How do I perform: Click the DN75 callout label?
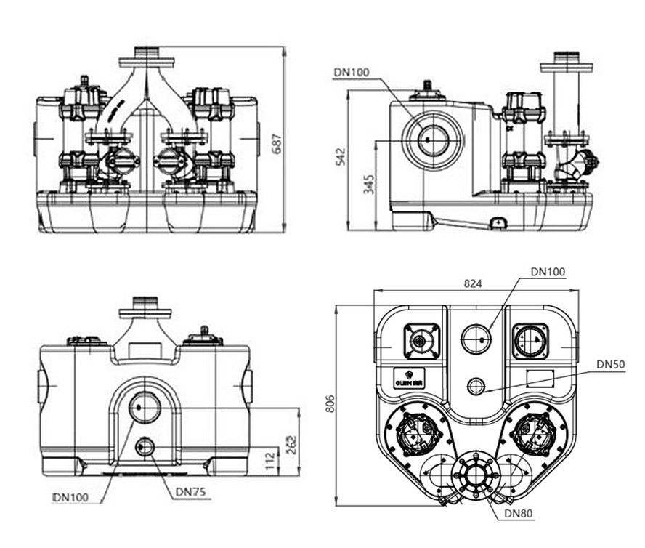pos(190,492)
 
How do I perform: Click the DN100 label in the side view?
pos(352,71)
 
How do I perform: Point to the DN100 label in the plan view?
pos(548,271)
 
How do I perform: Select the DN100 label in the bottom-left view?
pos(71,498)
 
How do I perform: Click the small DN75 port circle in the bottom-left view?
pos(145,446)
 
